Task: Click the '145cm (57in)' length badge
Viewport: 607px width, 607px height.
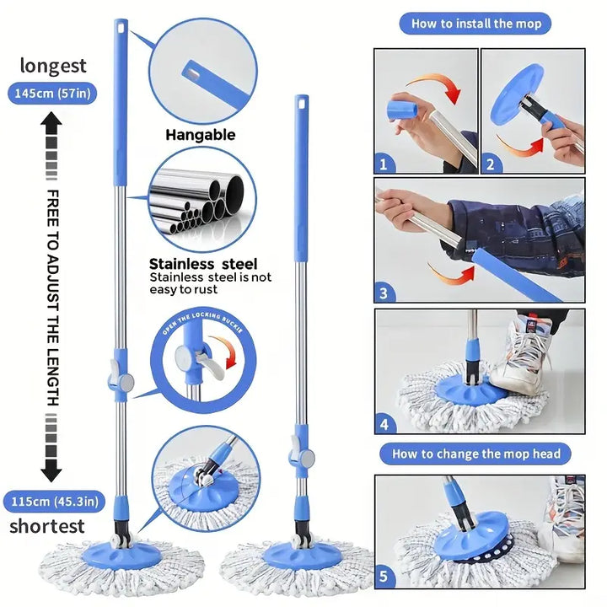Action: (52, 94)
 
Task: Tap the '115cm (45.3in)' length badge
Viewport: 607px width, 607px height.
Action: (54, 502)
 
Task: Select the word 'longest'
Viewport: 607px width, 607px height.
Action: (53, 66)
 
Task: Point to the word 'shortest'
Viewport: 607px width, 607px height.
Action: (47, 526)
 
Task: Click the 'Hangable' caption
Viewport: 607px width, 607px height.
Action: (201, 135)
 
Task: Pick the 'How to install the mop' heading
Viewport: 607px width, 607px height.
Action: (475, 24)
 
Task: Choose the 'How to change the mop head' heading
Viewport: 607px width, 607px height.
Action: (475, 454)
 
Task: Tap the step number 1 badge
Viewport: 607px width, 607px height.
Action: (384, 164)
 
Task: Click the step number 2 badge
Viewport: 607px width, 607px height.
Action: (491, 164)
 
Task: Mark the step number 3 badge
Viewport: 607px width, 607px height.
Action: (384, 293)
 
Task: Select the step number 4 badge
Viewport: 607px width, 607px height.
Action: (384, 424)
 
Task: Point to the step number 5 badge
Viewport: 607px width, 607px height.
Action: (384, 577)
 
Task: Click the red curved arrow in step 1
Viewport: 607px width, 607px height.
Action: (436, 82)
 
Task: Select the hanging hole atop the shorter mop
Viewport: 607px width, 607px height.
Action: (302, 103)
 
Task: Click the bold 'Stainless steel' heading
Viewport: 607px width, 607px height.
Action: (203, 264)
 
